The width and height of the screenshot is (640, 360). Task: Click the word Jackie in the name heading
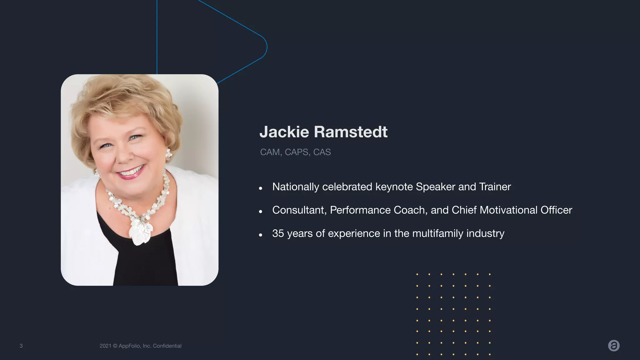point(284,132)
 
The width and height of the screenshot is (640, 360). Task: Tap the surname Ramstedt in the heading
point(351,132)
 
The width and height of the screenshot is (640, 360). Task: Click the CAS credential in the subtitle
point(322,152)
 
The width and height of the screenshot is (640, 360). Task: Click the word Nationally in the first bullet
point(296,187)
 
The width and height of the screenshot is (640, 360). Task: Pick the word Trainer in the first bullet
point(495,187)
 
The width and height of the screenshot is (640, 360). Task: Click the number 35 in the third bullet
point(278,233)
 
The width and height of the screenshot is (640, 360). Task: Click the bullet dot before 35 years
point(260,235)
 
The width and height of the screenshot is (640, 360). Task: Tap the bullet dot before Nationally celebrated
point(260,188)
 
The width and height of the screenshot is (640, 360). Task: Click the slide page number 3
point(21,346)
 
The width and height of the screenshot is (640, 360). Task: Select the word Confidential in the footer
point(167,346)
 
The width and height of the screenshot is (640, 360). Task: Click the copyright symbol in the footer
point(115,346)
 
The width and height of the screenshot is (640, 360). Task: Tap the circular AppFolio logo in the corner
point(614,346)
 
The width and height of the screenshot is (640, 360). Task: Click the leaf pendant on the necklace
point(140,231)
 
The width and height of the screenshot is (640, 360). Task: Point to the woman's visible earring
point(169,154)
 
